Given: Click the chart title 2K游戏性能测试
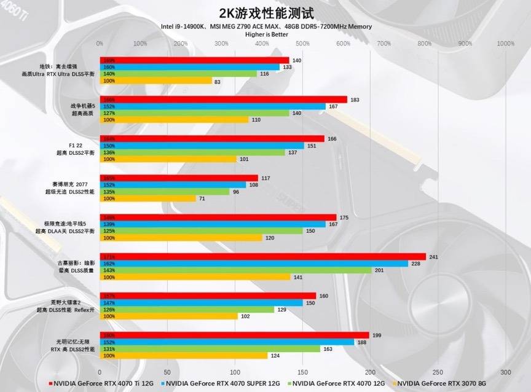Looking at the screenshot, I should click(265, 13).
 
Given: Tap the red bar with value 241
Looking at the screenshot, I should click(262, 257).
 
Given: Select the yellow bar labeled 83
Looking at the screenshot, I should click(155, 81).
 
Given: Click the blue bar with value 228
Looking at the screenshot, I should click(254, 264).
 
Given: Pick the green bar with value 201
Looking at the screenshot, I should click(235, 270).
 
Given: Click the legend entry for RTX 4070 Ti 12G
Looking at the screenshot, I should click(101, 383).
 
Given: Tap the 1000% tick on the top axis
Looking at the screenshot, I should click(505, 44).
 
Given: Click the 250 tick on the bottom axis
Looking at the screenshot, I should click(438, 372).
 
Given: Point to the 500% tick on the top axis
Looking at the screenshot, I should click(302, 44).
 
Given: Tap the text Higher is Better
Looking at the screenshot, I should click(266, 34).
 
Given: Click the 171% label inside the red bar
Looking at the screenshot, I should click(109, 257).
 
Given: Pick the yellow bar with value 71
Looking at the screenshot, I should click(147, 198).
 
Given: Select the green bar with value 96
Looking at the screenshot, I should click(165, 192).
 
